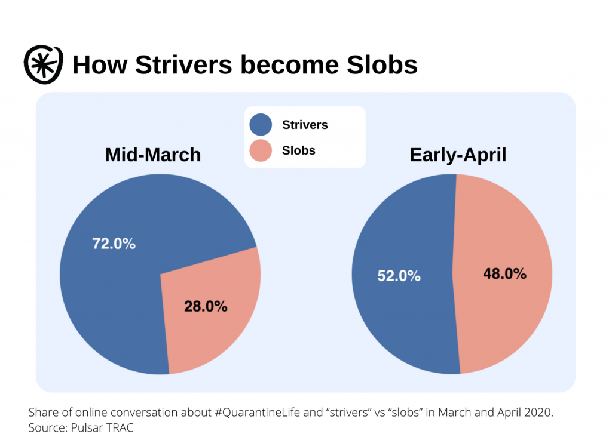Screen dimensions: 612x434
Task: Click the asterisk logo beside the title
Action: click(43, 64)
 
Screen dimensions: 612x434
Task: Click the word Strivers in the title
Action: click(183, 64)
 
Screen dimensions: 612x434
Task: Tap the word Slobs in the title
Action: click(382, 64)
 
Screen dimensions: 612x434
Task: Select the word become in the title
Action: click(289, 64)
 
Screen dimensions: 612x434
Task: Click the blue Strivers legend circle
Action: click(261, 125)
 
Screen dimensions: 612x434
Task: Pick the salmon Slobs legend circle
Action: click(261, 150)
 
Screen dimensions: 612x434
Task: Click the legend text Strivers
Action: click(305, 125)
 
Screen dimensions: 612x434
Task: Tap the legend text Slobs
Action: click(299, 150)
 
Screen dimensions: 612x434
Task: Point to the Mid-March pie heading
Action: click(153, 155)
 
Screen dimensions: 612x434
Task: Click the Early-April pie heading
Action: click(458, 155)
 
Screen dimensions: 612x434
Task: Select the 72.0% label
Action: click(114, 244)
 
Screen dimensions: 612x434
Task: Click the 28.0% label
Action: click(206, 306)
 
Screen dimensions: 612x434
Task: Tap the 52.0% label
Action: click(399, 276)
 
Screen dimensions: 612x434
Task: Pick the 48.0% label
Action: click(504, 274)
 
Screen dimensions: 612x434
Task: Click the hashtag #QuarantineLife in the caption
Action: click(257, 413)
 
